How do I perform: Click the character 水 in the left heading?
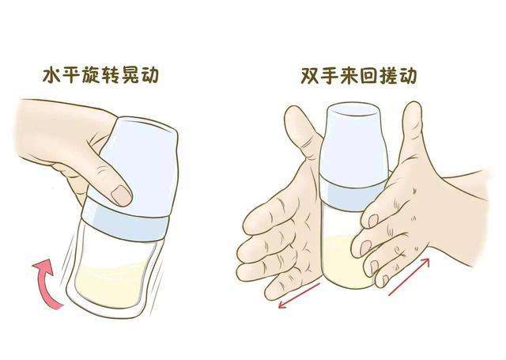tap(52, 77)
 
